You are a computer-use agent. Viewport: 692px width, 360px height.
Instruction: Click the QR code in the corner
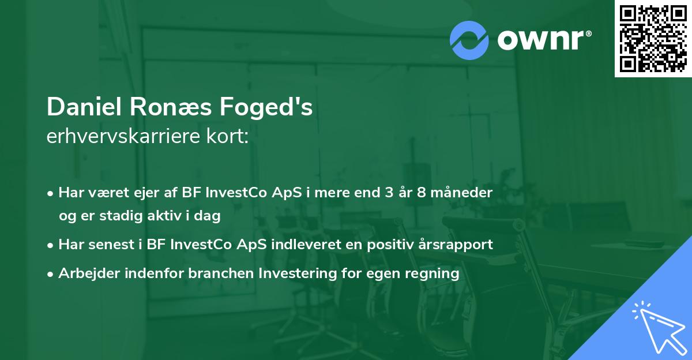[653, 39]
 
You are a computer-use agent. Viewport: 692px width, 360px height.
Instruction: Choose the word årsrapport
[456, 244]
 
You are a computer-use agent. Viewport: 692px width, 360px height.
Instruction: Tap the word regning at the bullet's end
[435, 273]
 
